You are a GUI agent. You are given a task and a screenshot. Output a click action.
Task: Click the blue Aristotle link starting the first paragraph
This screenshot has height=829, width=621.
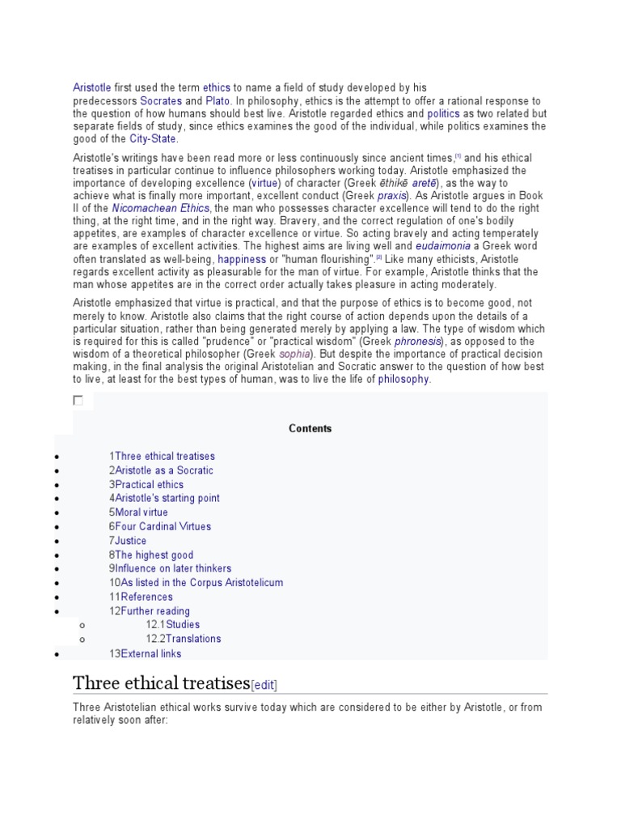point(91,87)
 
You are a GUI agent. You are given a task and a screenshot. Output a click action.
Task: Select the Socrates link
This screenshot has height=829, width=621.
point(161,100)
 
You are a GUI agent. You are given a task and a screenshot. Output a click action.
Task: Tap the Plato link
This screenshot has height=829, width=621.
point(218,100)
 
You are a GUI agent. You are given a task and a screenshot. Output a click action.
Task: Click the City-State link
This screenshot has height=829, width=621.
point(153,139)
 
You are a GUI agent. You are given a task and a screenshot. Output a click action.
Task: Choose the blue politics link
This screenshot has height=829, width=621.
point(443,114)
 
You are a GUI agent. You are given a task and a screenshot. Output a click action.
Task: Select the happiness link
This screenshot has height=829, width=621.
point(242,259)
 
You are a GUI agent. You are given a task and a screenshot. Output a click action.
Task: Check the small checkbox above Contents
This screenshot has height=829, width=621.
point(78,400)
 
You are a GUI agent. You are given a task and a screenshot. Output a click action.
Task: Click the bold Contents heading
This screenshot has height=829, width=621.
point(310,428)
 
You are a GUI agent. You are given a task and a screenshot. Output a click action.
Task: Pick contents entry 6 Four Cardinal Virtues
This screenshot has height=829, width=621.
point(164,525)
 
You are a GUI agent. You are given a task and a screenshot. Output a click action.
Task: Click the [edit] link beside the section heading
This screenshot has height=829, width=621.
point(264,685)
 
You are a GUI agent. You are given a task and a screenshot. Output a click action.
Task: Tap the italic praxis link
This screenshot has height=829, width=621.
point(391,195)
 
